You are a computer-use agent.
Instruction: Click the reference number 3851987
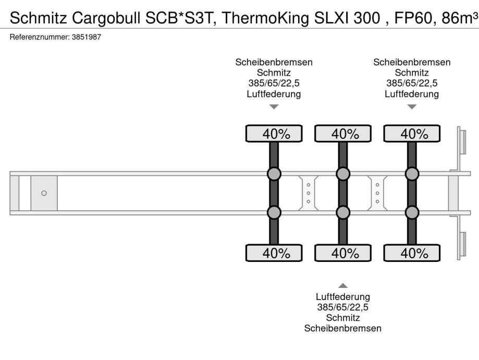pyautogui.click(x=87, y=37)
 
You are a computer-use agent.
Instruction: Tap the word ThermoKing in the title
pyautogui.click(x=265, y=18)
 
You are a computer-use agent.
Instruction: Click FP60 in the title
pyautogui.click(x=413, y=18)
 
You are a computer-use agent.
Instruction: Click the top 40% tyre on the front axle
pyautogui.click(x=274, y=134)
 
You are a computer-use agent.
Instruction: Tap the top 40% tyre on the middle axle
pyautogui.click(x=343, y=134)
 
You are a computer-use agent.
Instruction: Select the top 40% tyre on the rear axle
pyautogui.click(x=412, y=134)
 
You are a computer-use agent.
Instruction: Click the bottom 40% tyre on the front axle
pyautogui.click(x=274, y=253)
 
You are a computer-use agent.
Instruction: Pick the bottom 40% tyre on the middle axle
pyautogui.click(x=343, y=253)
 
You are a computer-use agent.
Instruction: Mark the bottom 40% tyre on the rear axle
pyautogui.click(x=412, y=253)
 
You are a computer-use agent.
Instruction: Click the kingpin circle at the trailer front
pyautogui.click(x=44, y=193)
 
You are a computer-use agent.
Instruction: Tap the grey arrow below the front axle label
pyautogui.click(x=274, y=107)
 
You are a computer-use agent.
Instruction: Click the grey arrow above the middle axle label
pyautogui.click(x=343, y=285)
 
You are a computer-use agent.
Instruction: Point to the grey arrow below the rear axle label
pyautogui.click(x=412, y=107)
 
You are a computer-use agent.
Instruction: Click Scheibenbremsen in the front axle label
pyautogui.click(x=274, y=62)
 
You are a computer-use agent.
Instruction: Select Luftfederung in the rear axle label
pyautogui.click(x=412, y=94)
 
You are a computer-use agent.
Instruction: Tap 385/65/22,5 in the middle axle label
pyautogui.click(x=343, y=307)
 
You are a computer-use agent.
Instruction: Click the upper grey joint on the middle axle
pyautogui.click(x=343, y=174)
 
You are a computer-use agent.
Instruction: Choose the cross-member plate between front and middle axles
pyautogui.click(x=309, y=193)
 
